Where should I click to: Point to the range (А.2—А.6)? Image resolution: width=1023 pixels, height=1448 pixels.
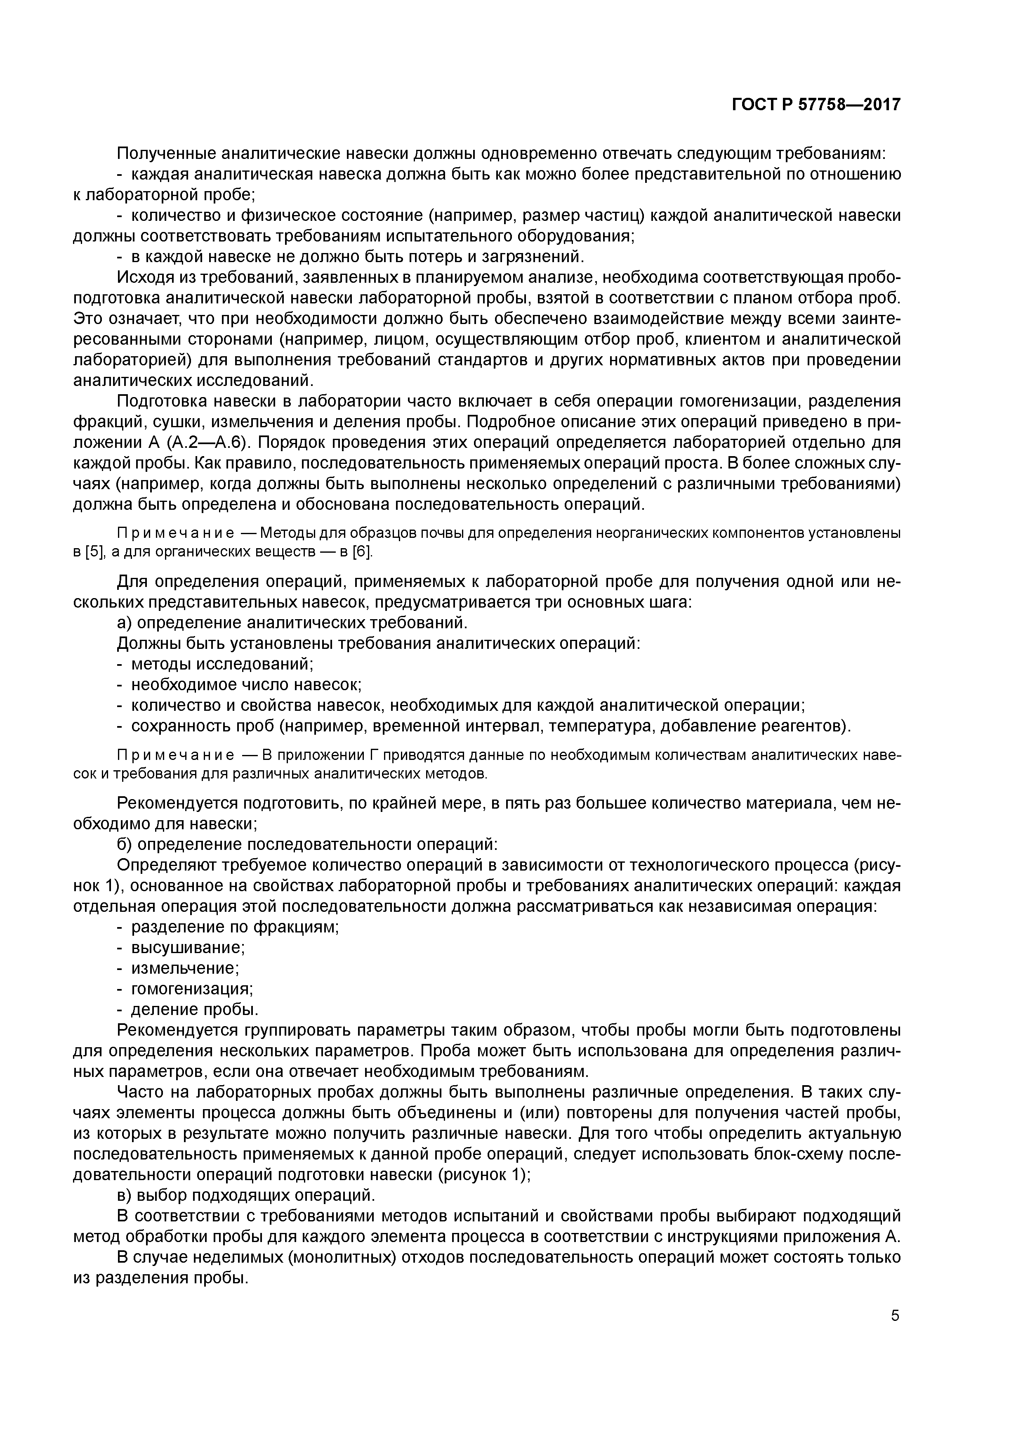[x=200, y=443]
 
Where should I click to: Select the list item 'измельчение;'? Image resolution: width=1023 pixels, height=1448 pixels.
[x=185, y=968]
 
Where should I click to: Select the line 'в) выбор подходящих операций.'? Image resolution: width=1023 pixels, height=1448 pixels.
[x=246, y=1195]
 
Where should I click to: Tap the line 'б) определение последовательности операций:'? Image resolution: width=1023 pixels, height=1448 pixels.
[x=308, y=844]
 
